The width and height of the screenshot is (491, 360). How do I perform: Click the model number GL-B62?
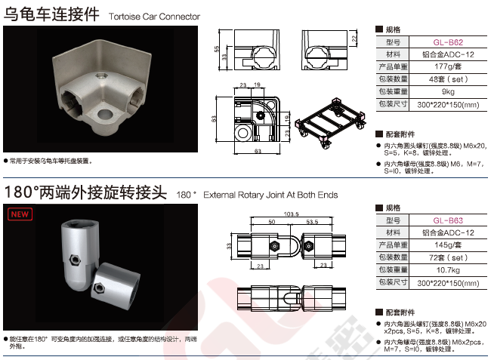click(x=448, y=42)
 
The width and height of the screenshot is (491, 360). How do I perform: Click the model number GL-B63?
click(x=448, y=220)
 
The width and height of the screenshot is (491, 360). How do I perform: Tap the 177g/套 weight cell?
click(x=448, y=66)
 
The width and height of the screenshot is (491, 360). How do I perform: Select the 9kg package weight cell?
click(x=448, y=91)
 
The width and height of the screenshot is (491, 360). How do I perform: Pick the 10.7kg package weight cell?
click(x=448, y=270)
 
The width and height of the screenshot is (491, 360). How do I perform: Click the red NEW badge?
click(x=20, y=214)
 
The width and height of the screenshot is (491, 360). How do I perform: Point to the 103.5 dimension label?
click(x=292, y=214)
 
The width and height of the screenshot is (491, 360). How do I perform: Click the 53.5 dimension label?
click(x=312, y=222)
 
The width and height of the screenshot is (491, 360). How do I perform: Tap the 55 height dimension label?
click(x=217, y=49)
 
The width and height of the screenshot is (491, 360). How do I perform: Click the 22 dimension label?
click(x=354, y=38)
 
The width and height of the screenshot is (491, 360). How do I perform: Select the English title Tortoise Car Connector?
click(x=154, y=17)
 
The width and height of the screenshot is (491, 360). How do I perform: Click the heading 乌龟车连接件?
click(x=51, y=14)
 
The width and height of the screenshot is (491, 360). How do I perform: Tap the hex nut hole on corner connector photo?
click(x=100, y=75)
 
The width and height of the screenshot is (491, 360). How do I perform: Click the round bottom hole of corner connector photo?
click(x=105, y=114)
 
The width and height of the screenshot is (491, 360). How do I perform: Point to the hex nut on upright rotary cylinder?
click(x=76, y=260)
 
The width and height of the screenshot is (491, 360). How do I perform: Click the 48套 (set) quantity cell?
click(x=448, y=79)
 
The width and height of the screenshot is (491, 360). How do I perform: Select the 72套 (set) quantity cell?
click(x=448, y=257)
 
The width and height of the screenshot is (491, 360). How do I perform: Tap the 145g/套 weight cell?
click(x=448, y=245)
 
